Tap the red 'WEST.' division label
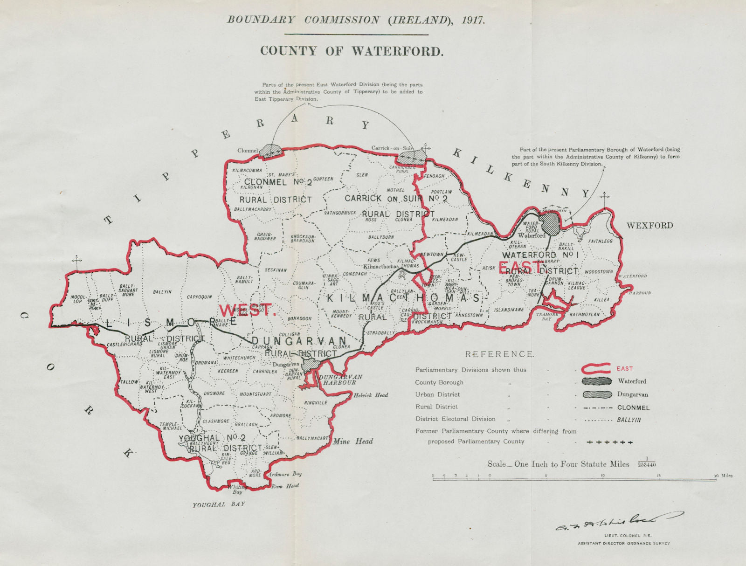(x=248, y=311)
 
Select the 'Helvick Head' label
(x=371, y=395)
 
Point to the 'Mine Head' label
(x=353, y=441)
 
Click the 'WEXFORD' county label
(x=649, y=226)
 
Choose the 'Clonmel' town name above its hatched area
(x=248, y=151)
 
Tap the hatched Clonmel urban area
(x=271, y=151)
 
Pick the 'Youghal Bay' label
(x=219, y=504)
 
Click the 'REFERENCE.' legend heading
(x=499, y=354)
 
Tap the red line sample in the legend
(x=597, y=369)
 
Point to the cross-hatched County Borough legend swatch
(x=597, y=381)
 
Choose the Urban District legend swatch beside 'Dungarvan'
(x=597, y=394)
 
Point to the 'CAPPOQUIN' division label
(x=200, y=297)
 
